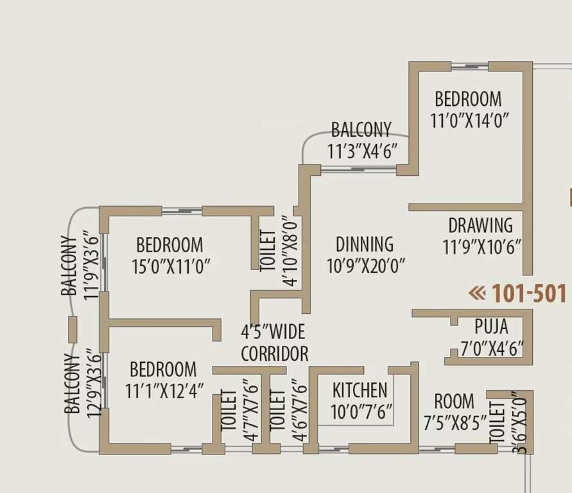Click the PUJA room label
[492, 325]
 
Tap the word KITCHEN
[360, 390]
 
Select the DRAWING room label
[480, 225]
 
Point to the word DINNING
[365, 244]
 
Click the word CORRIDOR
[274, 354]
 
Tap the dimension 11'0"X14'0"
[471, 120]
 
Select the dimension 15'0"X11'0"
[171, 266]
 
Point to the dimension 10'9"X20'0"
[366, 266]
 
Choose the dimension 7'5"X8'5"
[455, 424]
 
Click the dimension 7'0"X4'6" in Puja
[492, 349]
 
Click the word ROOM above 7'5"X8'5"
[455, 402]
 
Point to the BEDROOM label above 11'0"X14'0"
[468, 99]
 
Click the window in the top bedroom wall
[470, 65]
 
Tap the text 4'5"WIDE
[273, 333]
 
